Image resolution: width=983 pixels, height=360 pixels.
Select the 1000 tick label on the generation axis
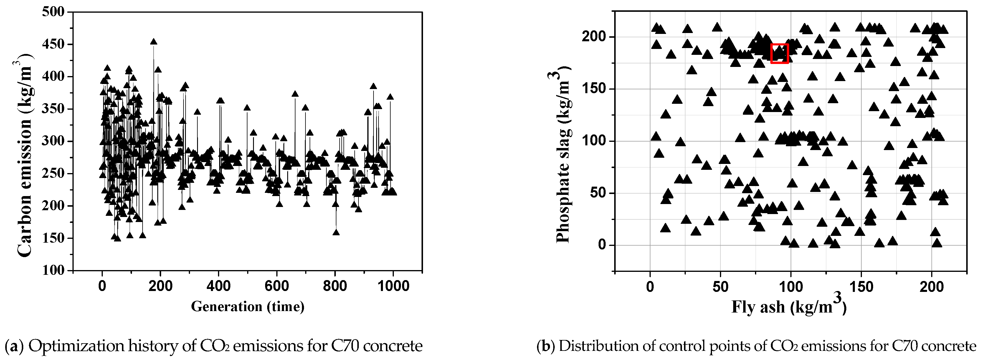click(x=393, y=286)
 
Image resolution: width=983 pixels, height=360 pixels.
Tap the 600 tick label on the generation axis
click(x=276, y=286)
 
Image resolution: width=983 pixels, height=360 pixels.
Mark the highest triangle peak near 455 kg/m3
click(x=153, y=42)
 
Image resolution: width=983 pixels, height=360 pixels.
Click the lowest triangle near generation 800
click(x=336, y=232)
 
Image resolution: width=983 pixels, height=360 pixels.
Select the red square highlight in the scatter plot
click(x=779, y=53)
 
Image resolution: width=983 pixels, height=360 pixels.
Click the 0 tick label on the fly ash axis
click(x=650, y=286)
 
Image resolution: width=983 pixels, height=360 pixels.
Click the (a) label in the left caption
click(x=14, y=346)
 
